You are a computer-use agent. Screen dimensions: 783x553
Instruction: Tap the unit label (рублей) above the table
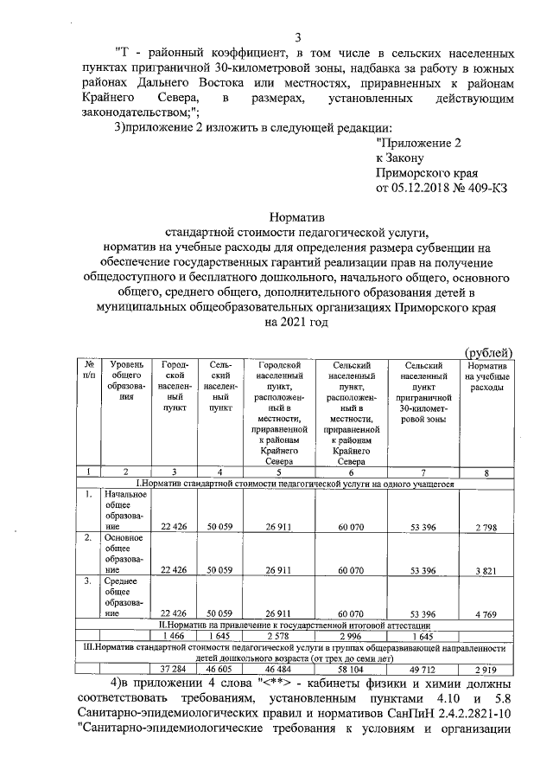(490, 350)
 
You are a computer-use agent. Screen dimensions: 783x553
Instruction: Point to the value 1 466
(174, 636)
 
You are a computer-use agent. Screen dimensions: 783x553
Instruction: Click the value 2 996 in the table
(349, 636)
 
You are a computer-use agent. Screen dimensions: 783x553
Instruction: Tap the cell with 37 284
(174, 669)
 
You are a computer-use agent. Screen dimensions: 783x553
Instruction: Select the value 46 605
(222, 669)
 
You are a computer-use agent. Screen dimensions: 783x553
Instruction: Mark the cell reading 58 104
(349, 669)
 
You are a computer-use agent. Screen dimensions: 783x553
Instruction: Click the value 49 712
(421, 669)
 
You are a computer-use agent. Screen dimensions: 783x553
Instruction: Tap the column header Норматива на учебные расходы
(486, 377)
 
